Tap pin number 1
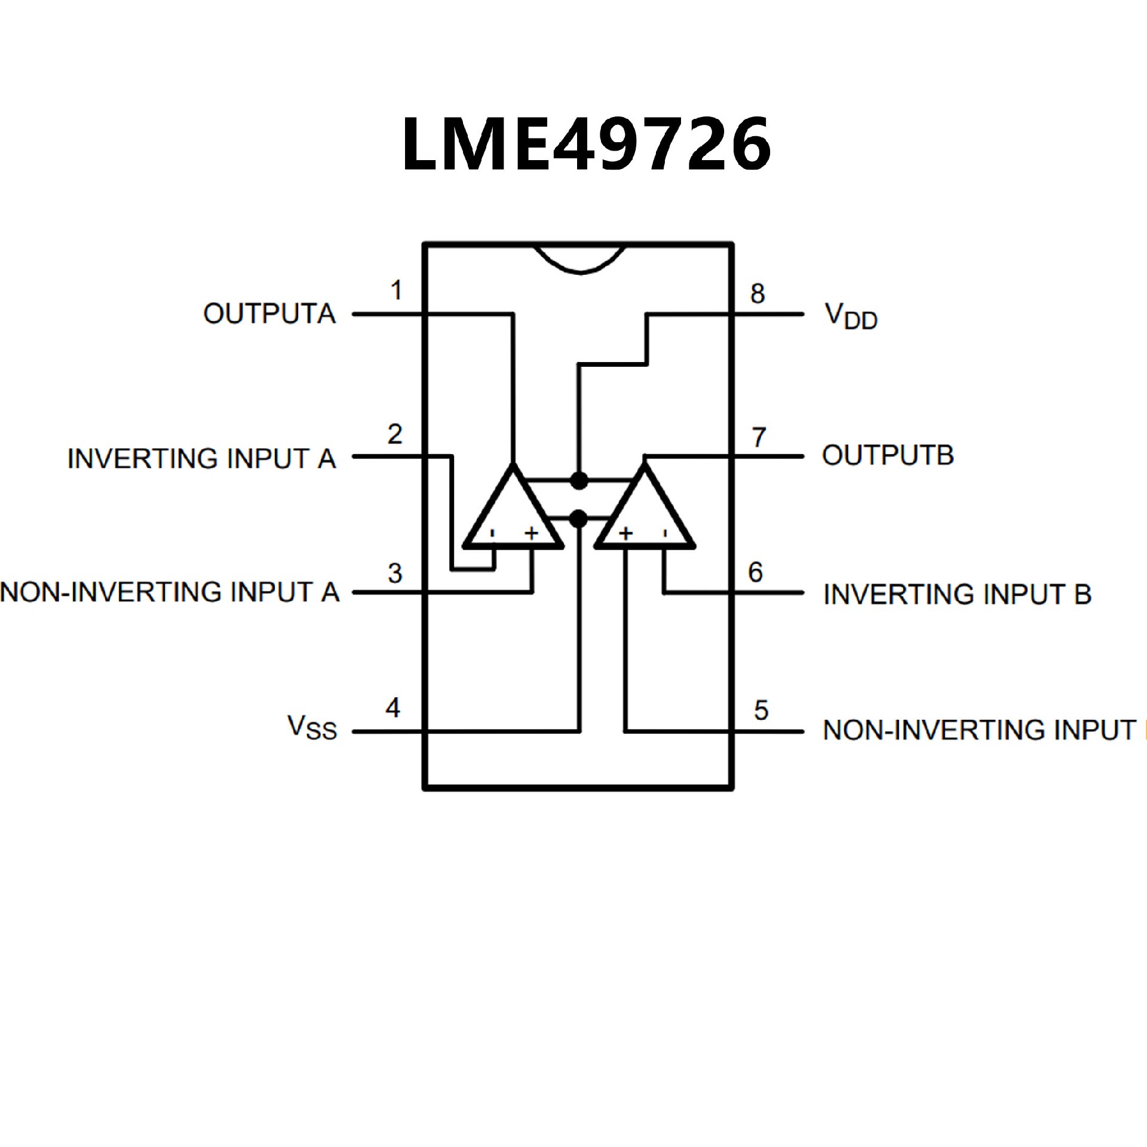tap(395, 291)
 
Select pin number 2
tap(394, 434)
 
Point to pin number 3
tap(394, 573)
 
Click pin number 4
tap(392, 708)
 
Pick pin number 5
tap(760, 710)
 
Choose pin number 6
tap(756, 572)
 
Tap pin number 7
tap(759, 437)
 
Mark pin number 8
tap(757, 294)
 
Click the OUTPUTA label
tap(269, 314)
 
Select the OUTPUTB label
tap(888, 455)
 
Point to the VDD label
tap(851, 316)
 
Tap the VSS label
tap(312, 727)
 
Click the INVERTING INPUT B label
tap(957, 594)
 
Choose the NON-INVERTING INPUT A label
tap(170, 592)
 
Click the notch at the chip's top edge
tap(581, 258)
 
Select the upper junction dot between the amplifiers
tap(579, 480)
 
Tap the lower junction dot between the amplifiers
tap(578, 519)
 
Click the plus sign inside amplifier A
tap(531, 533)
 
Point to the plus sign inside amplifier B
tap(625, 533)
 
